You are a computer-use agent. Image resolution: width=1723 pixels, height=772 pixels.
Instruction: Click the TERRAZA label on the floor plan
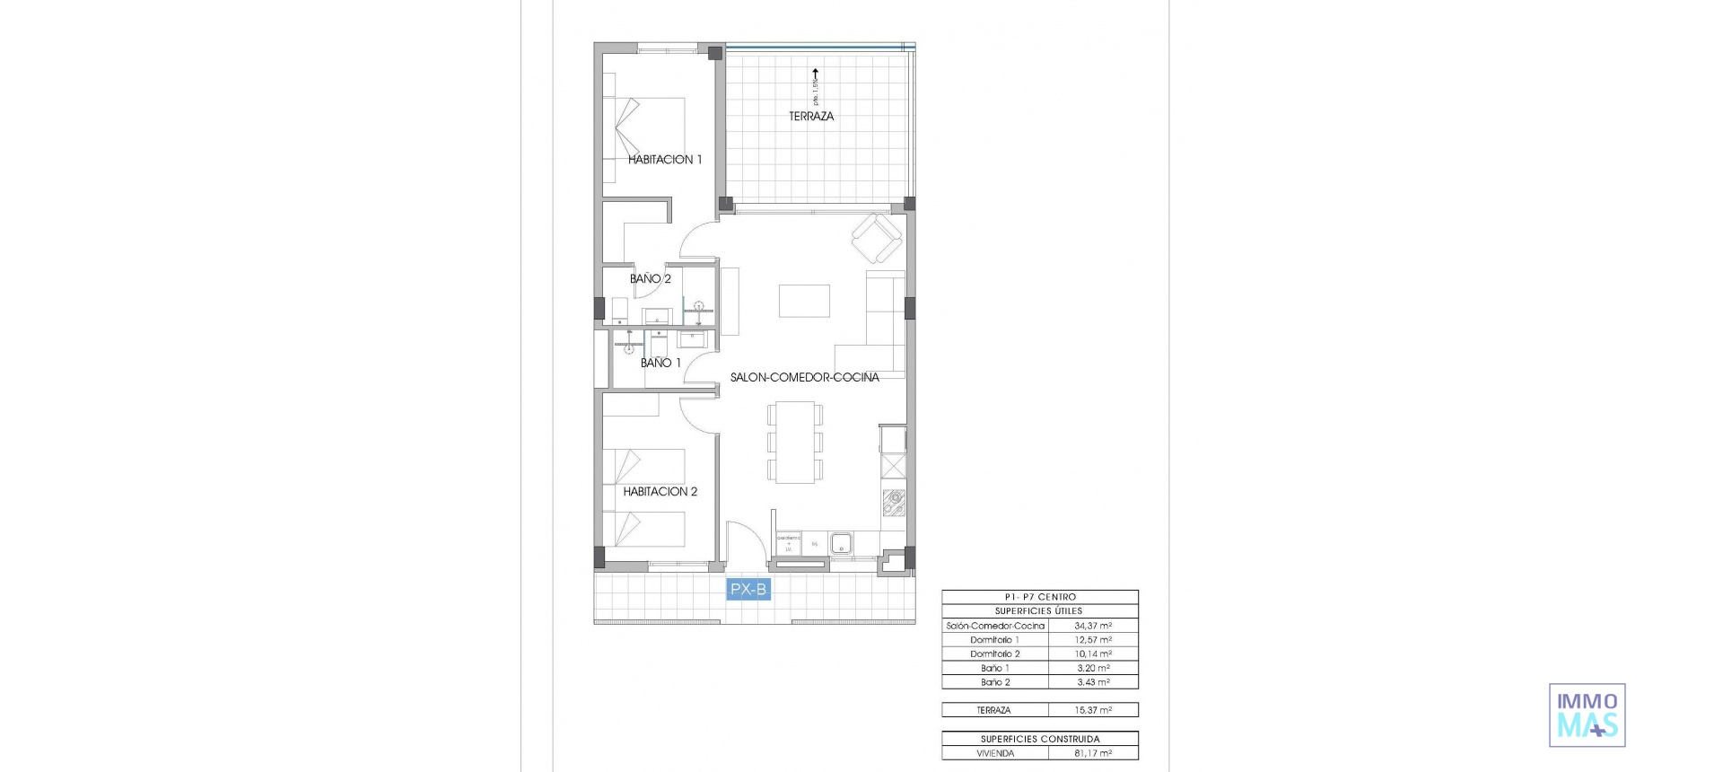coord(811,116)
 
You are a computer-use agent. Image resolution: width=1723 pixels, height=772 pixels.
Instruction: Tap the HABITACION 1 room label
coord(665,160)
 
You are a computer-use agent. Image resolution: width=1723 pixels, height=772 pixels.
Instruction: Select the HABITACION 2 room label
coord(660,492)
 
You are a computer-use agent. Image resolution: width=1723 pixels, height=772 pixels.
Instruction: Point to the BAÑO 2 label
coord(651,279)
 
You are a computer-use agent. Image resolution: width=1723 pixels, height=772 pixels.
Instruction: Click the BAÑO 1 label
coord(660,364)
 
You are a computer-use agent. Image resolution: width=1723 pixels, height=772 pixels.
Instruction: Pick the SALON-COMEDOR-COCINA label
coord(804,378)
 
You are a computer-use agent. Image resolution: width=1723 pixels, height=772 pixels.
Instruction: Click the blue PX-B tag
coord(748,590)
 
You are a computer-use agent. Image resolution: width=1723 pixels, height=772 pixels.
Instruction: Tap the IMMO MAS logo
coord(1587,715)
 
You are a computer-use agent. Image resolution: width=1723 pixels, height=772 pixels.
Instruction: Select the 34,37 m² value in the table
coord(1093,626)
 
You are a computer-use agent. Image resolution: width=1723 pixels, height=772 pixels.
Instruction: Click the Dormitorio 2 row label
coord(994,654)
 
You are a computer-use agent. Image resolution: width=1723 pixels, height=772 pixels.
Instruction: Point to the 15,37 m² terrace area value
coord(1093,710)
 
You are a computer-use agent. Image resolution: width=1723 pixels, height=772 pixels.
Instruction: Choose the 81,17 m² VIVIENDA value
coord(1093,754)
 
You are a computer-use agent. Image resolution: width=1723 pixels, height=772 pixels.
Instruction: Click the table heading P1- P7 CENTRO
coord(1040,597)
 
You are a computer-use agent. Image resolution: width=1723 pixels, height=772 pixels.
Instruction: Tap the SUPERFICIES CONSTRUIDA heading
coord(1040,740)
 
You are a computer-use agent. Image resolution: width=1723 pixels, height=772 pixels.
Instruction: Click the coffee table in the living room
coord(804,301)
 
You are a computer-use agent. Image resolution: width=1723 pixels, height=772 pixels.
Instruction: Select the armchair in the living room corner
coord(876,239)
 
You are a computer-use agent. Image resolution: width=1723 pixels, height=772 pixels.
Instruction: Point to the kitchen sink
coord(842,543)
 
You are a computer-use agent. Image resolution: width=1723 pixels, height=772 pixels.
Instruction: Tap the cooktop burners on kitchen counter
coord(894,503)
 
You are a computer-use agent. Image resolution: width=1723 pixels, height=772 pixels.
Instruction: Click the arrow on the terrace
coord(815,77)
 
